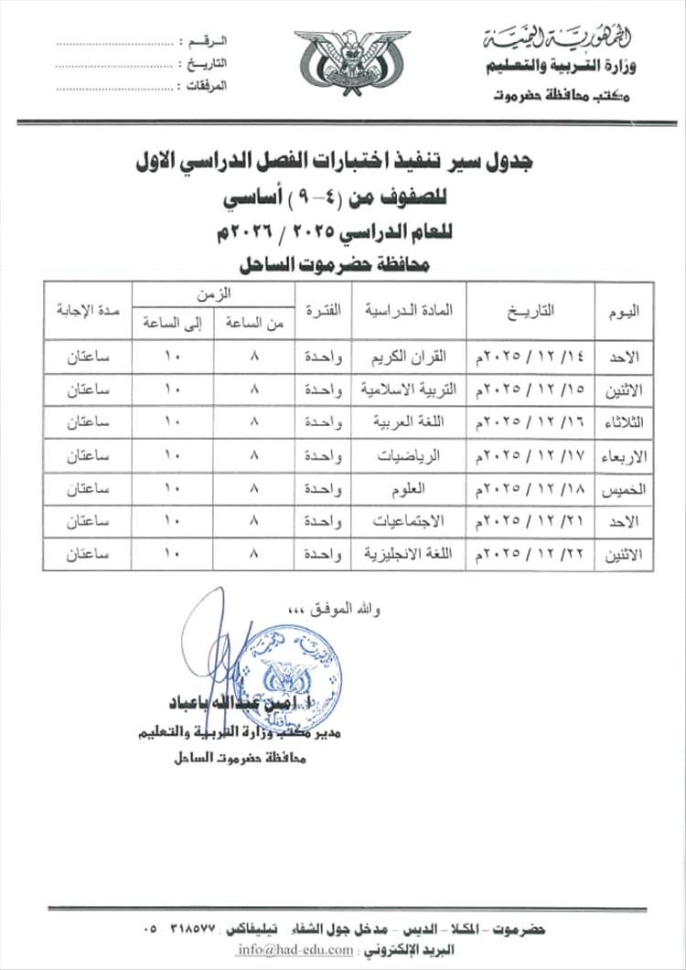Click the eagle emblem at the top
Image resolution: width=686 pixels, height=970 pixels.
pyautogui.click(x=339, y=62)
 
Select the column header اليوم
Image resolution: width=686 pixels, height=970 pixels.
pyautogui.click(x=624, y=311)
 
